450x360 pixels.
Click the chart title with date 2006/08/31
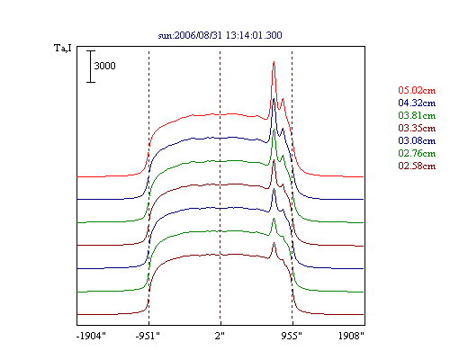coord(220,35)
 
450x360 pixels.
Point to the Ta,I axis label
coord(63,48)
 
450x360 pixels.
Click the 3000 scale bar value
coord(104,66)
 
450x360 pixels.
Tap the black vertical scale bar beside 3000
coord(91,67)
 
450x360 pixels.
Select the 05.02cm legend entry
coord(417,90)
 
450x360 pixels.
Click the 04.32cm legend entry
coord(417,103)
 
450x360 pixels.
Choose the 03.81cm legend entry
coord(417,115)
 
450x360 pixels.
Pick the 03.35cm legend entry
coord(417,128)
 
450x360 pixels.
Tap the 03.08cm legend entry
coord(417,140)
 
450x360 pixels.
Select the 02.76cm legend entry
coord(417,153)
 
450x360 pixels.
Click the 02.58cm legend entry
coord(417,166)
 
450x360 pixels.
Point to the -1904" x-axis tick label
coord(91,336)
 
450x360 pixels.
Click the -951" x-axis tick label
coord(148,336)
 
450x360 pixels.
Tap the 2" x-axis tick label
coord(220,336)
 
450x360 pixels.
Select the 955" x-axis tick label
coord(292,336)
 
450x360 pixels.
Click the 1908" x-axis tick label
coord(351,336)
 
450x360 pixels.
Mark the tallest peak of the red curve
coord(274,62)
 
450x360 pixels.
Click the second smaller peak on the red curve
coord(283,99)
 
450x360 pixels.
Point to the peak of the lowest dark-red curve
coord(274,243)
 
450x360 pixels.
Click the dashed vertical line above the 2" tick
coord(220,186)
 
